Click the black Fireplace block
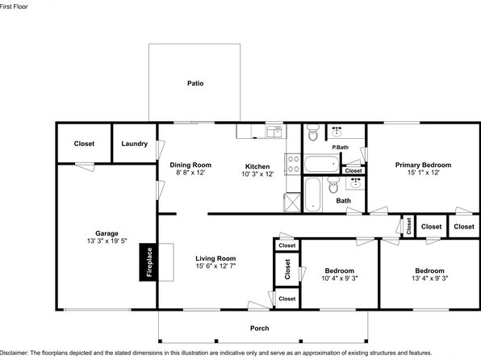tap(148, 262)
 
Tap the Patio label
tap(195, 83)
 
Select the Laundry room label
tap(134, 144)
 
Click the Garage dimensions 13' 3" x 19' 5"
tap(107, 241)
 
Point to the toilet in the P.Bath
tap(313, 132)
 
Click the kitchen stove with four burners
tap(293, 164)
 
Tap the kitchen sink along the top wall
tap(274, 132)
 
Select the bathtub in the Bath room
tap(313, 195)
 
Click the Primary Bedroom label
tap(423, 165)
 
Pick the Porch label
tap(260, 328)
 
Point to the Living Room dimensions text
tap(215, 266)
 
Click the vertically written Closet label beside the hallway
tap(408, 226)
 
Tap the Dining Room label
tap(190, 165)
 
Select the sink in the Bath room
tap(355, 183)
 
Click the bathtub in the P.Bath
tap(321, 164)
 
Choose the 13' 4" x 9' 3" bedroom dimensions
tap(430, 278)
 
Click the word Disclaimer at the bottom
tap(14, 353)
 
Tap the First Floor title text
tap(14, 6)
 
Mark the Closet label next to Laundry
tap(84, 144)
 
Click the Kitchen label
tap(257, 166)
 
